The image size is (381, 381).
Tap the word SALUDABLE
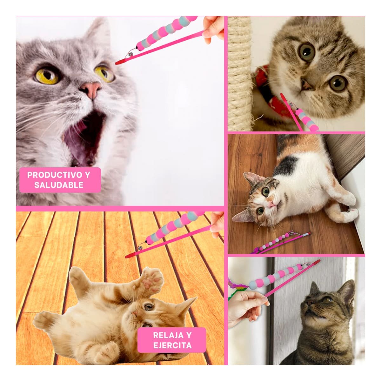coord(59,185)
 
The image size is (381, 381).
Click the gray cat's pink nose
coord(92,89)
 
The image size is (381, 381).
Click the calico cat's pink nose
coord(272,204)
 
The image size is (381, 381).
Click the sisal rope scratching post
coord(240,73)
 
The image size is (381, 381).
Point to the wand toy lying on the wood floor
coord(281,243)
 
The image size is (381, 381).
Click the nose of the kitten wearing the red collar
coord(305,85)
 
